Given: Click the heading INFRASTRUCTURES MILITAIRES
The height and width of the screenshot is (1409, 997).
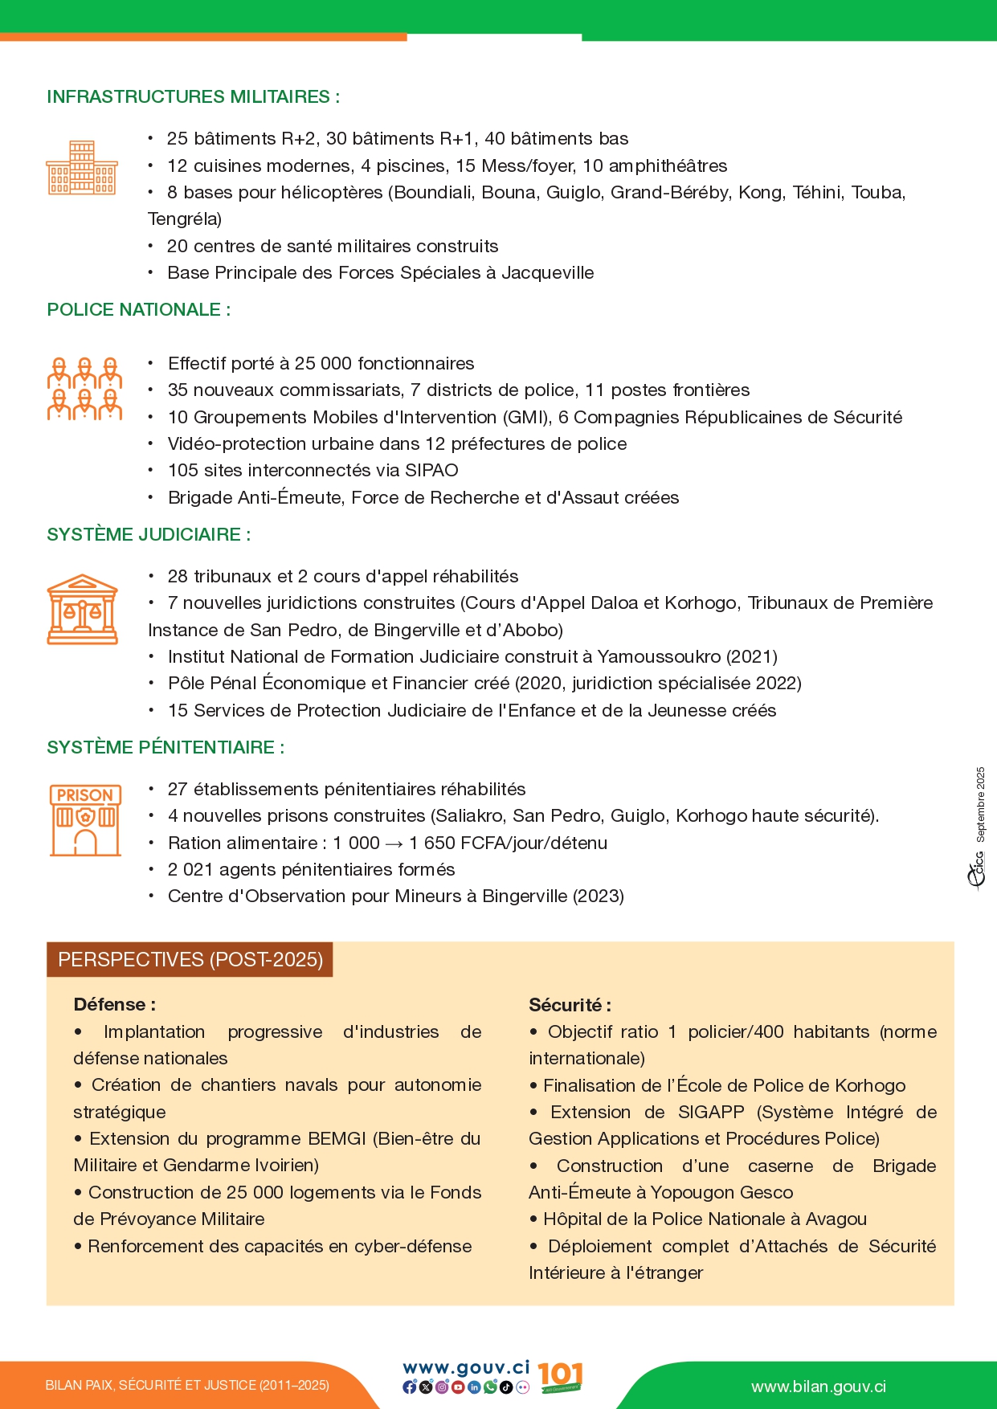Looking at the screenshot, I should coord(193,97).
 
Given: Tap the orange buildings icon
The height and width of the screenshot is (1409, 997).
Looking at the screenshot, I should coord(82,168).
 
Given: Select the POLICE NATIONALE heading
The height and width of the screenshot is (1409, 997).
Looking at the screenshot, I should coord(138,310).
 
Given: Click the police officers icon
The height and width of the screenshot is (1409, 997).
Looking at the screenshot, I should coord(84,390).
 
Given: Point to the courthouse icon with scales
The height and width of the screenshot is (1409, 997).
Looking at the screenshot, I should coord(83,609).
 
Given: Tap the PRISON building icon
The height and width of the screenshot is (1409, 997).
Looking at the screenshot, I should coord(85,820).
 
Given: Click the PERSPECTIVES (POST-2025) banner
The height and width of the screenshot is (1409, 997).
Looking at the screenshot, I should coord(190,960).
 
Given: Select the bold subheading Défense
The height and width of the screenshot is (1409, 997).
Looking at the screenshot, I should coord(114,1004).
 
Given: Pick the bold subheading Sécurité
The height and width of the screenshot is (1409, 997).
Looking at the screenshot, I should coord(570,1005).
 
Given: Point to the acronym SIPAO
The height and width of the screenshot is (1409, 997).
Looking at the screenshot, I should coord(431,471).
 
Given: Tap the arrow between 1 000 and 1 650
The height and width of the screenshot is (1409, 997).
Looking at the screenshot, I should coord(394,843).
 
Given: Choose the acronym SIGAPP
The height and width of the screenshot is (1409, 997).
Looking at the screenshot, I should coord(711,1113).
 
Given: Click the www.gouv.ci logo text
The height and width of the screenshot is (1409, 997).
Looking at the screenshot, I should coord(466,1367).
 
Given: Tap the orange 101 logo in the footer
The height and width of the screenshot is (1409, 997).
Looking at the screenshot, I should coord(560,1377).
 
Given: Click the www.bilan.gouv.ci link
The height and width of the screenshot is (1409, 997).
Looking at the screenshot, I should coord(819,1387).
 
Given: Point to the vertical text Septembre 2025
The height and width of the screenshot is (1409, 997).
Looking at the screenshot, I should coord(980,804).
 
